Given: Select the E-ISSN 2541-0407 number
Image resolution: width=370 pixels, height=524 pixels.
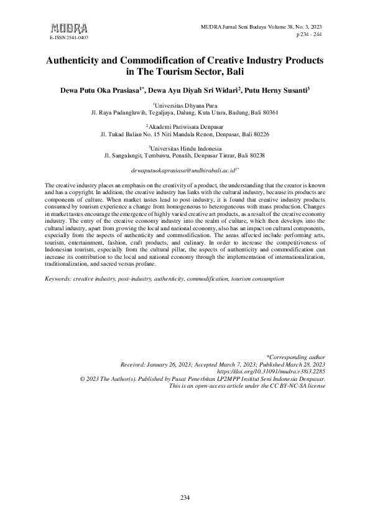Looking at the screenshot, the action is (x=68, y=38).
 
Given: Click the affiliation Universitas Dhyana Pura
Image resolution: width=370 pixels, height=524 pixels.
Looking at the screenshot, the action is (x=185, y=106).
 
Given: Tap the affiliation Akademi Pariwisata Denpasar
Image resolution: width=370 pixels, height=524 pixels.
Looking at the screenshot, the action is (x=185, y=127).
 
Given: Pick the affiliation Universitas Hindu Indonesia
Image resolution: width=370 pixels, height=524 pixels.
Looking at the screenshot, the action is (x=185, y=148).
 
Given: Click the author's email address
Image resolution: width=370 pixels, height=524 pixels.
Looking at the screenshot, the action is (x=185, y=170).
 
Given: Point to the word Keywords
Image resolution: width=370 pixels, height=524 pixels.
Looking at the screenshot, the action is (x=58, y=279).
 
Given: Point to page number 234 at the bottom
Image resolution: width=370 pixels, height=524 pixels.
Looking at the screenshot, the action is (x=185, y=498).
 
